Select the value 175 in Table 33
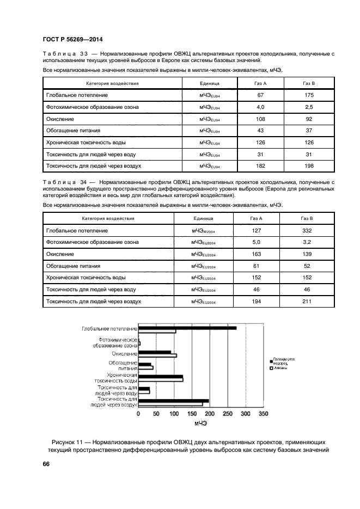point(308,95)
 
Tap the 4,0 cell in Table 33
point(260,107)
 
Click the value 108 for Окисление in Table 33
point(260,119)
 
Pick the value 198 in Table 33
point(308,165)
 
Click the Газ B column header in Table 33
point(308,83)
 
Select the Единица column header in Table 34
point(203,218)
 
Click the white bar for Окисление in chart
point(157,355)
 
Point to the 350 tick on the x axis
point(263,414)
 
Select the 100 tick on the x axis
point(174,414)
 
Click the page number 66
point(46,464)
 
